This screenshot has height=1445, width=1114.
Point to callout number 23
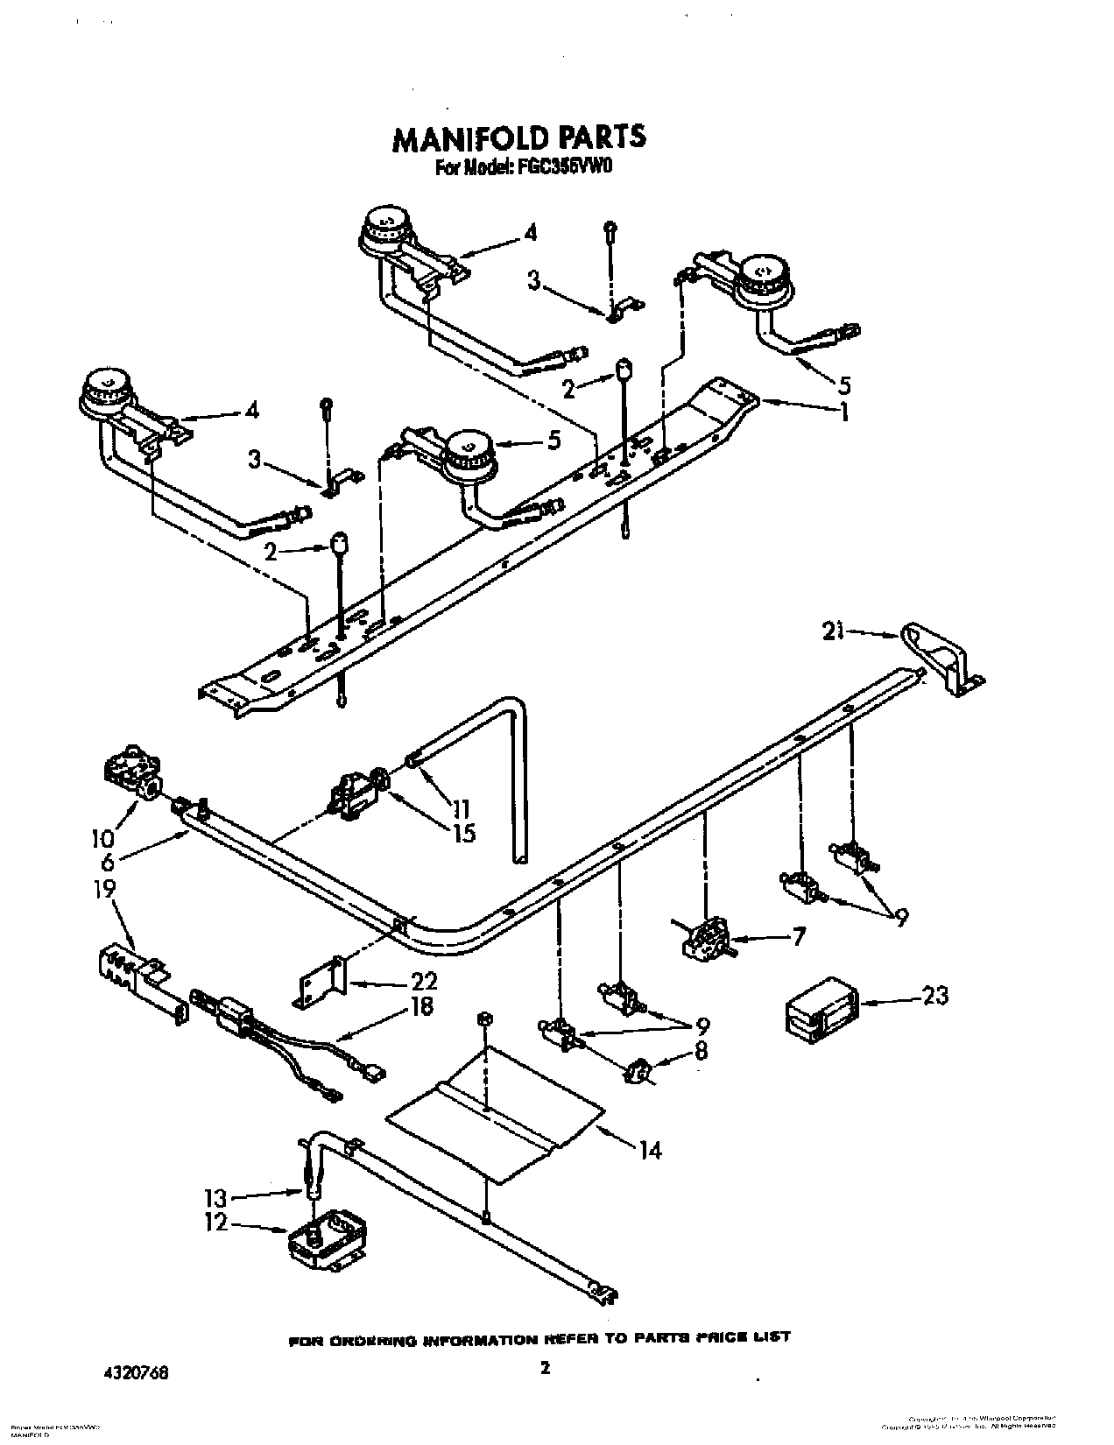click(934, 995)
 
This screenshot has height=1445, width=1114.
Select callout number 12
click(215, 1222)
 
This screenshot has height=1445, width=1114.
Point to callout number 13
click(216, 1197)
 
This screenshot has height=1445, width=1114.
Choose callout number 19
click(104, 890)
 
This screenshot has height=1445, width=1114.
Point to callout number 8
click(700, 1051)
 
